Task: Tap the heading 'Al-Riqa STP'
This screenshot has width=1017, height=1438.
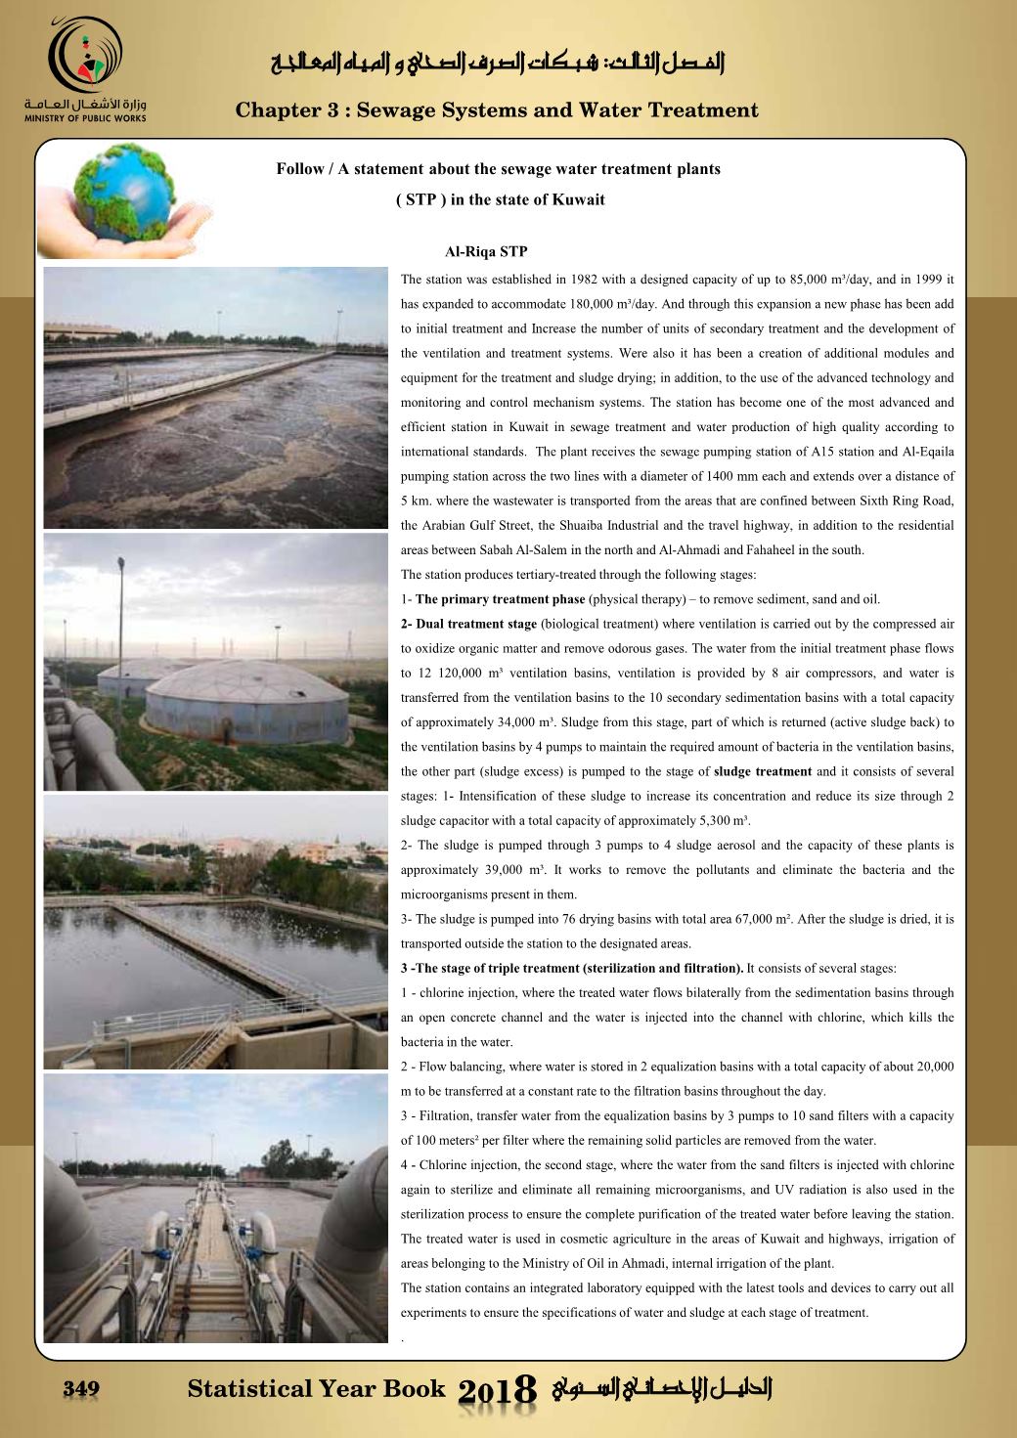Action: click(486, 252)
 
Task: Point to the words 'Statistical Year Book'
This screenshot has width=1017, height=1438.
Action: click(316, 1388)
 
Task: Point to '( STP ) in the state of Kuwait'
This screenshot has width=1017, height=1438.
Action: click(500, 199)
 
